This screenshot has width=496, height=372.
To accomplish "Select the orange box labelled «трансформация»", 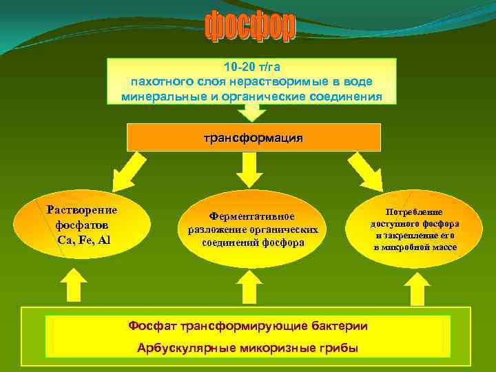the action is pos(254,137).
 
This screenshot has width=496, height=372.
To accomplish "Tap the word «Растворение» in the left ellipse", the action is pos(82,210).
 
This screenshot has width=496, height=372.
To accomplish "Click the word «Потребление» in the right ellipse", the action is pos(415,213).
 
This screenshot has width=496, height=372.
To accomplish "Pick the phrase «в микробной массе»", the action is pos(415,247).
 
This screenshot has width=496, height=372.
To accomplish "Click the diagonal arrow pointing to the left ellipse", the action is pos(130,169).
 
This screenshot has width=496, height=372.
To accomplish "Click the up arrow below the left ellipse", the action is pos(73,285).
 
